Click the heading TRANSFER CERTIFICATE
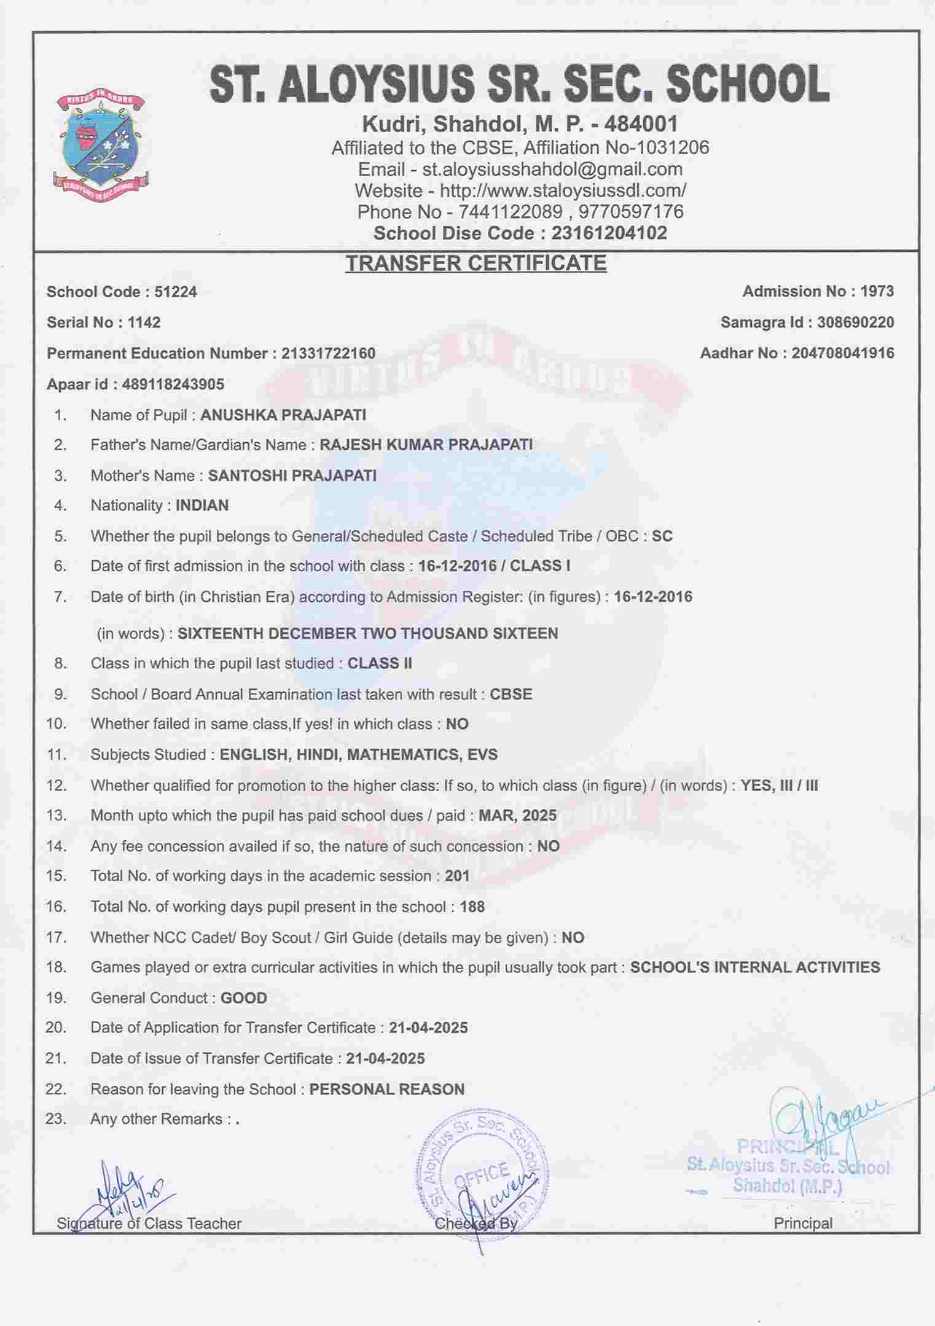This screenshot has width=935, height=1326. point(475,263)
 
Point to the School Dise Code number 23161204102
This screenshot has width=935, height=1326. point(609,233)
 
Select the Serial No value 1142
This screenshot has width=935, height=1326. point(144,322)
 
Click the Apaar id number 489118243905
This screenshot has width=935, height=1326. point(173,384)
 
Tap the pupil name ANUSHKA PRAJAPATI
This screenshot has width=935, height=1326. point(283,415)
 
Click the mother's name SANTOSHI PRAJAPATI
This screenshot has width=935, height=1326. point(292,475)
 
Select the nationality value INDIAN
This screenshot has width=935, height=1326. point(202,505)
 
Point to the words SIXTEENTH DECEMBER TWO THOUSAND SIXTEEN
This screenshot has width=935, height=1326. point(367,633)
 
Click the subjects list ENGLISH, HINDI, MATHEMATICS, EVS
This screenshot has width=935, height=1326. point(359,754)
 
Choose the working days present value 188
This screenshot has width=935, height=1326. point(472,907)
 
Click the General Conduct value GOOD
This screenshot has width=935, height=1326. point(244,998)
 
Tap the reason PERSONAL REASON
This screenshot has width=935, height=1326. point(387,1090)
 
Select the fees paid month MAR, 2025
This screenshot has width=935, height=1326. point(517,816)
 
